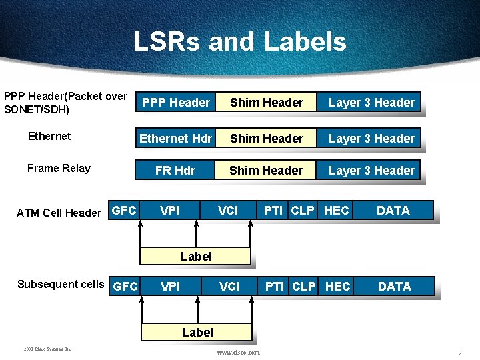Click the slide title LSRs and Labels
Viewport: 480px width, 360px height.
[239, 41]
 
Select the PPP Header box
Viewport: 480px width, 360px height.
[176, 103]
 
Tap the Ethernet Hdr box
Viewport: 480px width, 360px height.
[175, 139]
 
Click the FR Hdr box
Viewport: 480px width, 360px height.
[175, 171]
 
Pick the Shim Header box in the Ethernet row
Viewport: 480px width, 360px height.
[267, 139]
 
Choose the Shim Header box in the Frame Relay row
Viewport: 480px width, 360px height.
[266, 171]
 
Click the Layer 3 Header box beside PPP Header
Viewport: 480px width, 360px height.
[371, 103]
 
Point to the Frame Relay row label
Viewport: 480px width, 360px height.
[59, 168]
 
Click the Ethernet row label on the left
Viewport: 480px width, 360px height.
[49, 136]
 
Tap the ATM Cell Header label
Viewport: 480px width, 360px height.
[59, 213]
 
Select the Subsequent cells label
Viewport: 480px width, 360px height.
[61, 285]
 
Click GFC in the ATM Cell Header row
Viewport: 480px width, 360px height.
[124, 211]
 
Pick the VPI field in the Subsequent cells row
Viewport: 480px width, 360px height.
[171, 287]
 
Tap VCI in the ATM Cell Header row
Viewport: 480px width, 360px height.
[228, 211]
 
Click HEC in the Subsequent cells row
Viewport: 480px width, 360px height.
[337, 287]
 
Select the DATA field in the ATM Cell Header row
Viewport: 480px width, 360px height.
[393, 211]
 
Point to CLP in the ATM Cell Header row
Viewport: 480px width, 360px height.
[303, 211]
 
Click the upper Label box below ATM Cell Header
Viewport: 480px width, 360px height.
[196, 257]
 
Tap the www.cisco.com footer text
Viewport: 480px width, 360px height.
[239, 352]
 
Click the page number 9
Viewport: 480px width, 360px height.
[459, 351]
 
